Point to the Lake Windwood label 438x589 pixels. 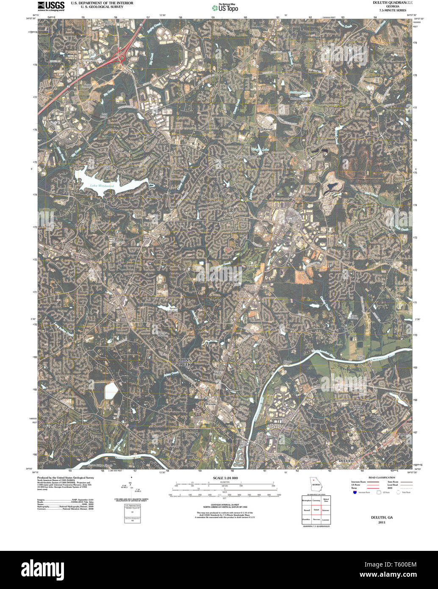pyautogui.click(x=102, y=186)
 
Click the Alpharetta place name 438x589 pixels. pyautogui.click(x=154, y=197)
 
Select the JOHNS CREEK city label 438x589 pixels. pyautogui.click(x=184, y=362)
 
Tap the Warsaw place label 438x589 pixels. pyautogui.click(x=211, y=404)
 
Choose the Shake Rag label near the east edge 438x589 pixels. pyautogui.click(x=389, y=261)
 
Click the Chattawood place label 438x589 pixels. pyautogui.click(x=302, y=442)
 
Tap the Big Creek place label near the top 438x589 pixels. pyautogui.click(x=266, y=47)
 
